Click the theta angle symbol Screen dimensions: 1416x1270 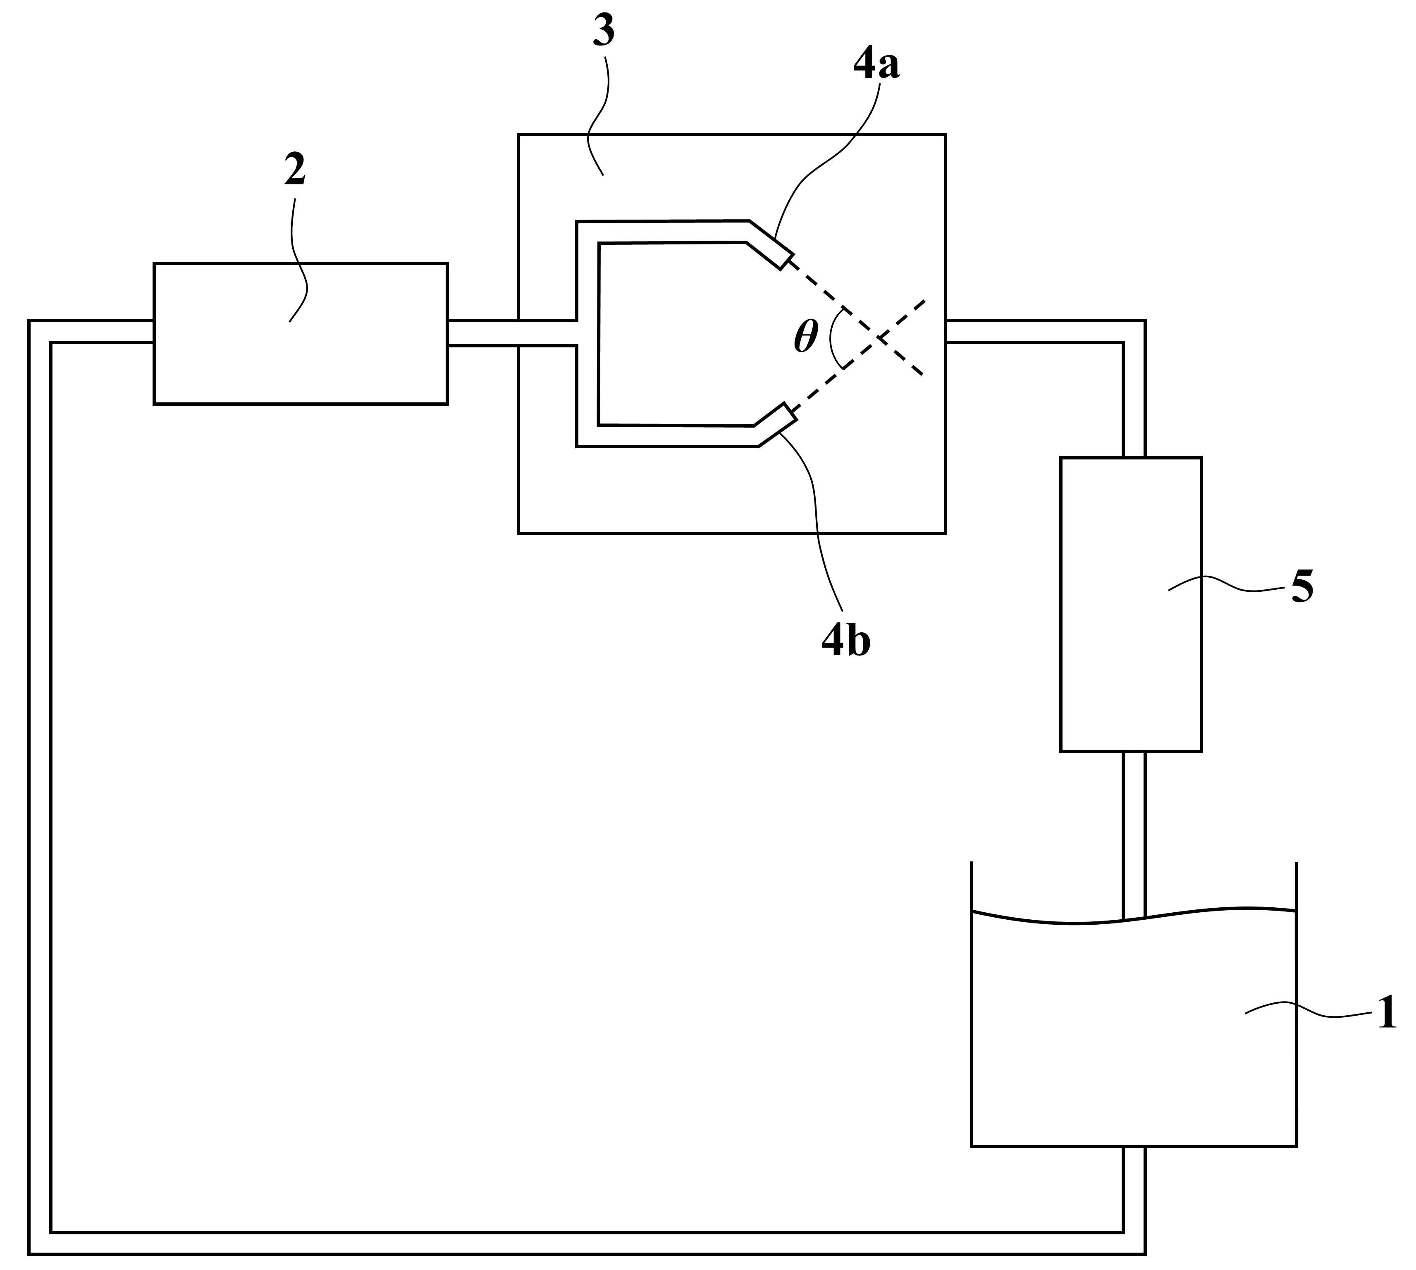pos(806,338)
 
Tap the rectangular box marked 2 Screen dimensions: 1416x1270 pos(301,334)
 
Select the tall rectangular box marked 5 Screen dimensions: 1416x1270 pos(1131,604)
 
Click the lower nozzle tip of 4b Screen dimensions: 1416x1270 pos(790,412)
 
